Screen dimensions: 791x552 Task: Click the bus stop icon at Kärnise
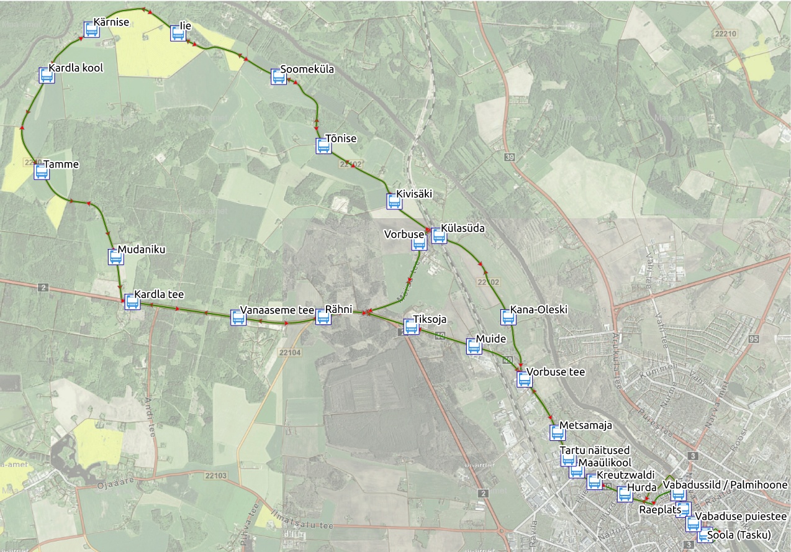[91, 30]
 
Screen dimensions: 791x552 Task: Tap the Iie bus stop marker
[178, 34]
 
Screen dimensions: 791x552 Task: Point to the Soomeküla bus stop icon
[279, 77]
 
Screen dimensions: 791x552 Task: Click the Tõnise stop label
[341, 138]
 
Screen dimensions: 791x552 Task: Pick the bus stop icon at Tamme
[42, 172]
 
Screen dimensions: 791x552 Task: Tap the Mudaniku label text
[142, 249]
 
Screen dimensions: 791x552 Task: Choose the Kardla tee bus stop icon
[132, 302]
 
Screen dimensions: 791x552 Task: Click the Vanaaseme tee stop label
[277, 310]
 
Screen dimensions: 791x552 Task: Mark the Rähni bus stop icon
[323, 317]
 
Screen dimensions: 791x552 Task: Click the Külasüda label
[463, 228]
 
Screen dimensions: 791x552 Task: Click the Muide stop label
[490, 339]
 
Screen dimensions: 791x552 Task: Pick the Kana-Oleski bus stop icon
[508, 317]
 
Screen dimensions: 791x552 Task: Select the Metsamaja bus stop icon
[557, 433]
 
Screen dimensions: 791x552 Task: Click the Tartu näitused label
[594, 450]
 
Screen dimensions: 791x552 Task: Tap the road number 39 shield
[510, 158]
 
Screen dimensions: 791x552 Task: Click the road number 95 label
[754, 339]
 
